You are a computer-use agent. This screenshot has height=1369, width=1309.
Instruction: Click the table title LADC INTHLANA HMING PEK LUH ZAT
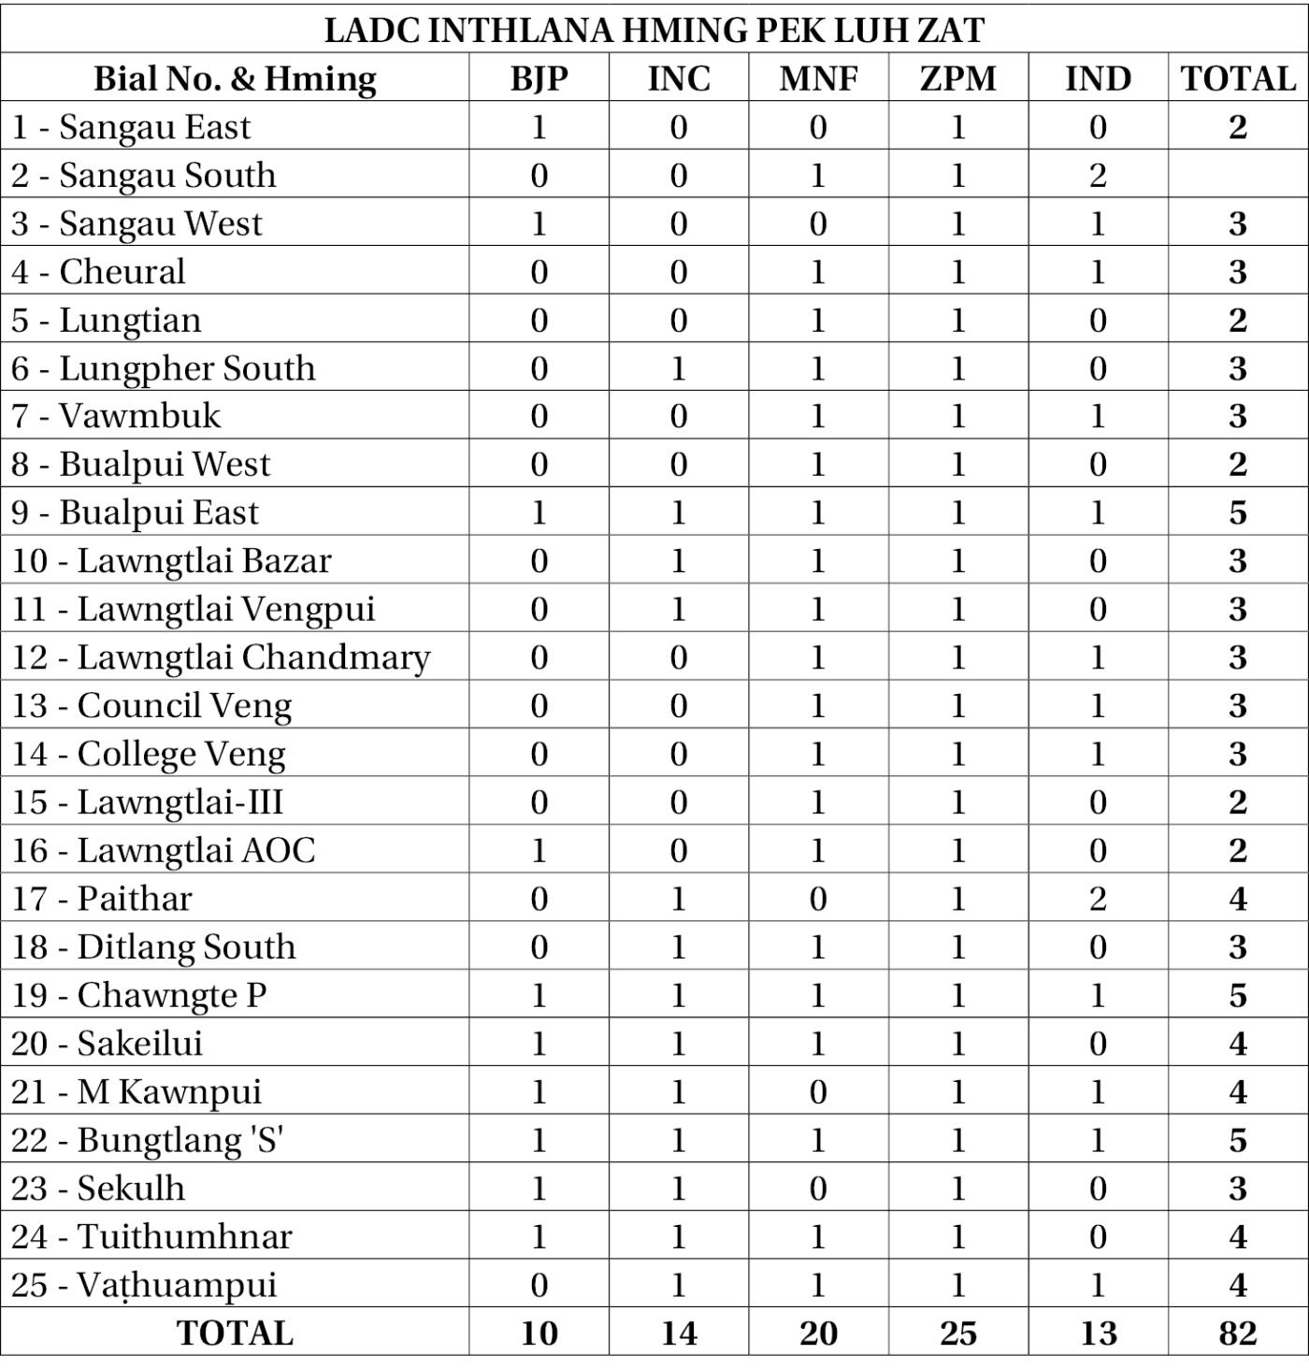point(654,30)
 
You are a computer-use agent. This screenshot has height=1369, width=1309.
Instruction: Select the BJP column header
point(539,79)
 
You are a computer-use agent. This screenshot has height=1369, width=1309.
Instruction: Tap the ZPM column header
point(957,79)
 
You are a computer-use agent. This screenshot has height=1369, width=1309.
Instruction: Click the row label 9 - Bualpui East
point(135,512)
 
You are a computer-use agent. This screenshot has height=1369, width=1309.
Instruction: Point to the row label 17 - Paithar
point(102,899)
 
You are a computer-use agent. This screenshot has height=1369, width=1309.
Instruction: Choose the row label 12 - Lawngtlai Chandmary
point(221,657)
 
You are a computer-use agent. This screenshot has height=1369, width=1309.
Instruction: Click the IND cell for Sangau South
point(1098,175)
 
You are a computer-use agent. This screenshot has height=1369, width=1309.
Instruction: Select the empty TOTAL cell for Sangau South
point(1237,175)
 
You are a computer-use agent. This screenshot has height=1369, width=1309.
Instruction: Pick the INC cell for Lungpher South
point(679,368)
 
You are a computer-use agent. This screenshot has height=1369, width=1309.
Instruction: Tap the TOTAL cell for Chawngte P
point(1237,995)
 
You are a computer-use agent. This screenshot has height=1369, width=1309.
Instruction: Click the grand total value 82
point(1237,1333)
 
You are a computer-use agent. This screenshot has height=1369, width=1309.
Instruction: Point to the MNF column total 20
point(818,1333)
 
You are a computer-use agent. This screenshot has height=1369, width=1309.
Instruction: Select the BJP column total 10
point(539,1333)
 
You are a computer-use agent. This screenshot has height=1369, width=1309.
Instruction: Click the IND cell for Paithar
point(1098,899)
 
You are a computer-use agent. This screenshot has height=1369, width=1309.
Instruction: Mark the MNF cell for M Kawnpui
point(818,1091)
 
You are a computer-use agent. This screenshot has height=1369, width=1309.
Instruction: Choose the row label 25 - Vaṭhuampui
point(144,1285)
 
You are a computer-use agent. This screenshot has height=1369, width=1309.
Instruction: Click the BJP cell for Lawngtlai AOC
point(539,850)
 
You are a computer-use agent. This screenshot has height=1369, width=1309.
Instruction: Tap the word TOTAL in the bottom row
point(235,1333)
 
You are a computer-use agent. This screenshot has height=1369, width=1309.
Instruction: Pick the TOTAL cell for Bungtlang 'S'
point(1237,1140)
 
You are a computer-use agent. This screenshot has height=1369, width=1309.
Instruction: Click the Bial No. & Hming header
point(235,79)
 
